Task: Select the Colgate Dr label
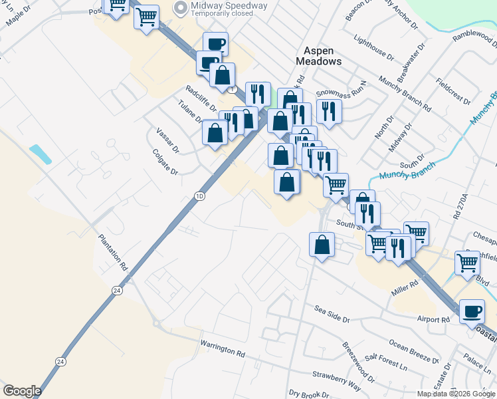pyautogui.click(x=165, y=162)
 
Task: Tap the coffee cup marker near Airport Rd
pyautogui.click(x=472, y=312)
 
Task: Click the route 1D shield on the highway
pyautogui.click(x=199, y=196)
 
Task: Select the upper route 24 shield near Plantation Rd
pyautogui.click(x=117, y=291)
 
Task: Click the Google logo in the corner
pyautogui.click(x=22, y=391)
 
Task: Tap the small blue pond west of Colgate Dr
pyautogui.click(x=41, y=154)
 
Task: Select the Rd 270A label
pyautogui.click(x=459, y=206)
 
